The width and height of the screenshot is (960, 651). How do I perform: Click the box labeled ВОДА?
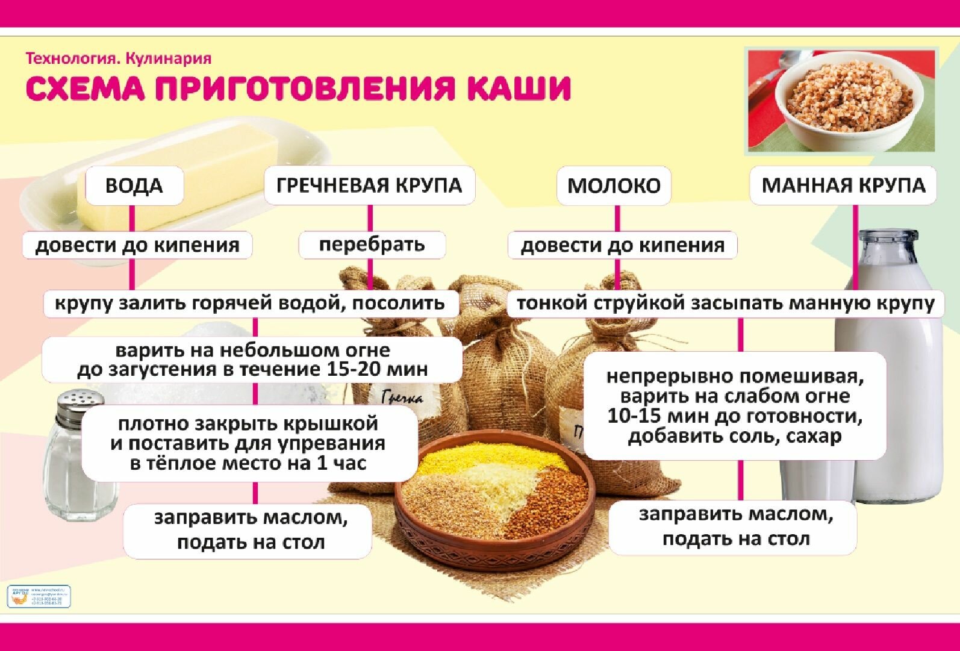tap(134, 185)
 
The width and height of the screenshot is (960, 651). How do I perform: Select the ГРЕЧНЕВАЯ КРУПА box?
tap(369, 185)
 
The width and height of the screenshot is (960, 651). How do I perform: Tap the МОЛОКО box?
tap(614, 185)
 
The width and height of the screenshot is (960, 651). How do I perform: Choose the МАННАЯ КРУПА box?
tap(843, 185)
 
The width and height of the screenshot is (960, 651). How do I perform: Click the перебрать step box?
tap(372, 245)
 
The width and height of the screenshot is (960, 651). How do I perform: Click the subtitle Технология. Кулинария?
tap(119, 58)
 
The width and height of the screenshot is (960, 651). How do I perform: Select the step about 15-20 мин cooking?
tap(252, 360)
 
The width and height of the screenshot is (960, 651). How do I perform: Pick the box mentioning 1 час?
tap(249, 443)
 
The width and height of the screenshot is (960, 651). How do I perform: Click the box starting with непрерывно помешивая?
tap(735, 406)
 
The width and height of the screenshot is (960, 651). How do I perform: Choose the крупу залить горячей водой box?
tap(250, 303)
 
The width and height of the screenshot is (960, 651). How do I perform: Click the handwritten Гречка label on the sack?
tap(402, 397)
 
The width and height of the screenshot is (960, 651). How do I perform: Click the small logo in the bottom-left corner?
tap(39, 596)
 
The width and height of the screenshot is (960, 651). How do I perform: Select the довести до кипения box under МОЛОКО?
tap(622, 245)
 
